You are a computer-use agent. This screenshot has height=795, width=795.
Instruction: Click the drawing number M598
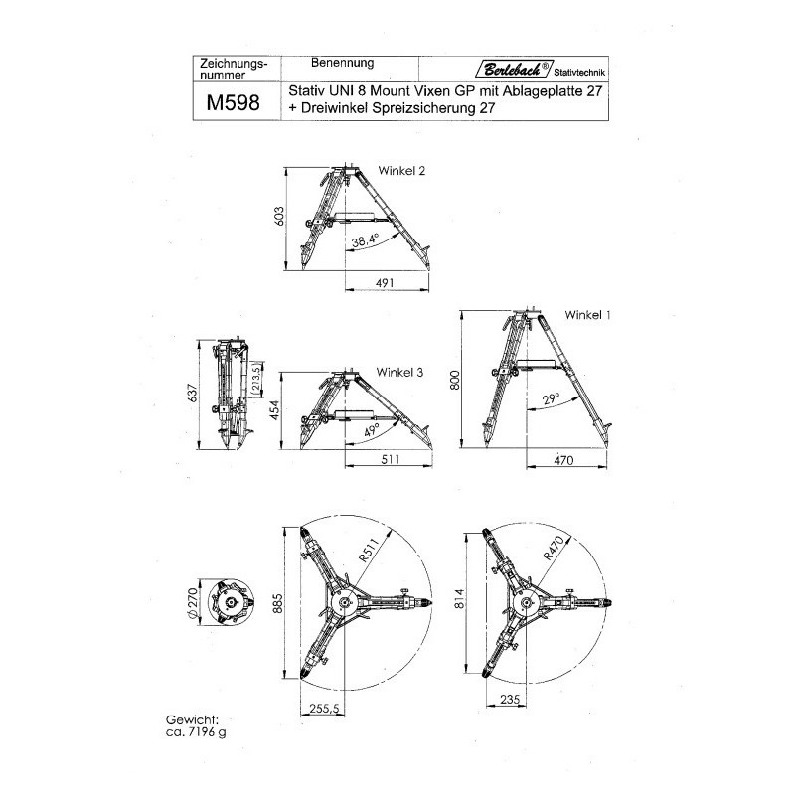234,102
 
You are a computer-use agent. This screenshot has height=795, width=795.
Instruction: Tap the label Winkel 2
401,171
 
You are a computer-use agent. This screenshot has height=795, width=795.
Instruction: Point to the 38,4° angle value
365,240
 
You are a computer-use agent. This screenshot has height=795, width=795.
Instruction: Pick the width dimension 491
387,284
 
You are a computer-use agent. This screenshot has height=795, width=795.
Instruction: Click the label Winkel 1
587,315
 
